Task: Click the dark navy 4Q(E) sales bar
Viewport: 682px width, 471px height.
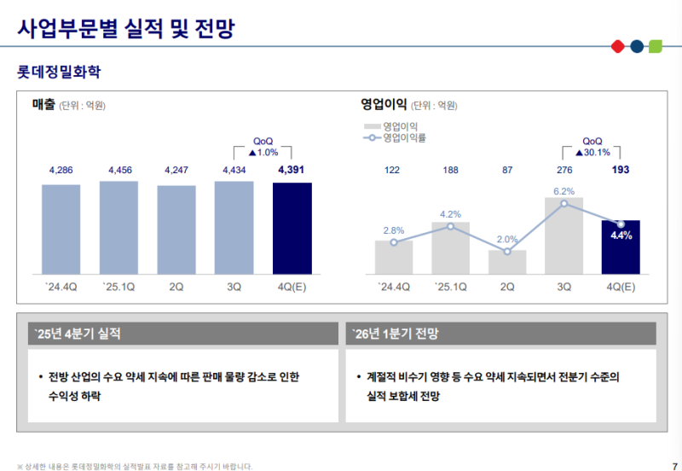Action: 292,228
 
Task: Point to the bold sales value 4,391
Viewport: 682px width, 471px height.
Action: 292,171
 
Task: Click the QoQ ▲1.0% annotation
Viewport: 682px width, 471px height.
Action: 263,147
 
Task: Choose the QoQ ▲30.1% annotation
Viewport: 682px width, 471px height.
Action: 592,147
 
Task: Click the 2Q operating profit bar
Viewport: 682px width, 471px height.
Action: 507,262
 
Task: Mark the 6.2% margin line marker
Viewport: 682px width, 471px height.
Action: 564,203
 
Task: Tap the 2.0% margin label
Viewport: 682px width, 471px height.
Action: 507,240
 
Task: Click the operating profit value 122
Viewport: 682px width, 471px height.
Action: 392,171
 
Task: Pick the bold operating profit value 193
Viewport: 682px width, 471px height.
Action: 621,171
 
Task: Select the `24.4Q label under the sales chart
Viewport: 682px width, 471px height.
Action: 61,287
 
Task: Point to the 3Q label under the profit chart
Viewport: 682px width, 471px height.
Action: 564,287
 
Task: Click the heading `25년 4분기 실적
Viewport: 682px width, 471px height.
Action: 78,334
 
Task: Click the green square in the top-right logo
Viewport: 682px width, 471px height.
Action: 655,45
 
